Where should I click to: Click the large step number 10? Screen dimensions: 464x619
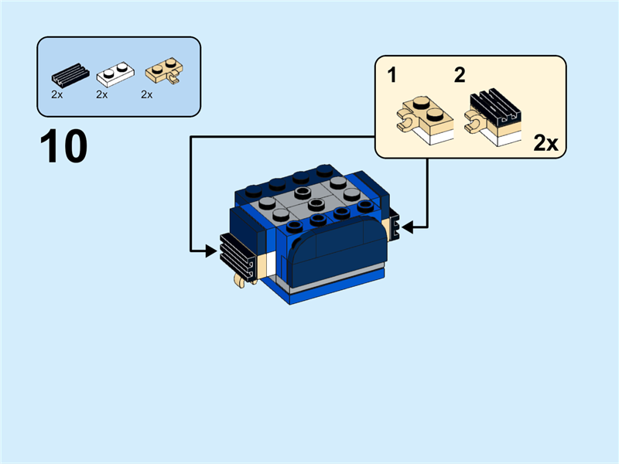(63, 147)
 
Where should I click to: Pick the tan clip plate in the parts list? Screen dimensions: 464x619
(162, 73)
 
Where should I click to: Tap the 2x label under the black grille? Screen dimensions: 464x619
(56, 95)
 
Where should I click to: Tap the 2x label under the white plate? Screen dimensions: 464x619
(101, 95)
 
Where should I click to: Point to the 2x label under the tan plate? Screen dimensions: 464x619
(146, 95)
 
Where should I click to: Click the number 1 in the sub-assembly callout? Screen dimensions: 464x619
(392, 75)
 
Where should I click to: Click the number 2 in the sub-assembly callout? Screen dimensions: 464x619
(460, 75)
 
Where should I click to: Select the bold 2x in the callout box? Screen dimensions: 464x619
(546, 143)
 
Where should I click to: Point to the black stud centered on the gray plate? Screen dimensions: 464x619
(314, 206)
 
